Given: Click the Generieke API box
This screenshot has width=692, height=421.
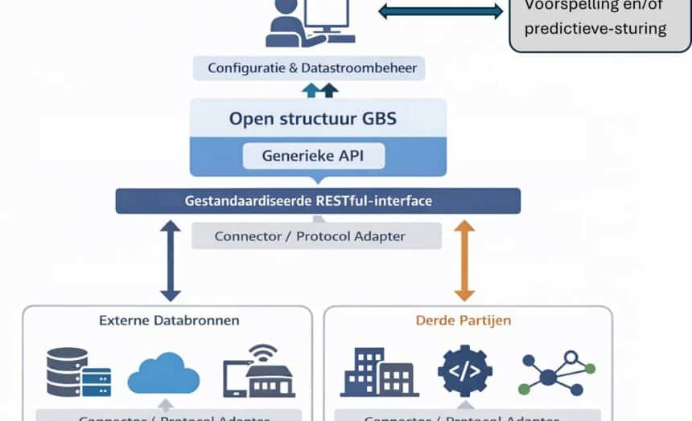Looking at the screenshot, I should [x=313, y=155].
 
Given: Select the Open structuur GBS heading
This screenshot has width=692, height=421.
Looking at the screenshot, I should [x=313, y=119].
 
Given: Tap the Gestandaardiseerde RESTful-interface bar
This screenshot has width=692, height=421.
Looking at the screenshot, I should [x=318, y=200].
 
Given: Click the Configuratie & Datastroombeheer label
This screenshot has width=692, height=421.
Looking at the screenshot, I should [x=312, y=67].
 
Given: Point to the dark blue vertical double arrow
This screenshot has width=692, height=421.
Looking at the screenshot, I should [x=170, y=261].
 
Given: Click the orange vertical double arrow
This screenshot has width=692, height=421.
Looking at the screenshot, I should [x=464, y=261].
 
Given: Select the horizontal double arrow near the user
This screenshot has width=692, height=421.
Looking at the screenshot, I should [x=440, y=11].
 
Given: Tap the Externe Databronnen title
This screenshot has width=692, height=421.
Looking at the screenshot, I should [x=169, y=320].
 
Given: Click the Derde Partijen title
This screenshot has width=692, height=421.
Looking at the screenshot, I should [x=463, y=320].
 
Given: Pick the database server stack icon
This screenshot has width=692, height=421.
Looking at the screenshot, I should [x=78, y=371].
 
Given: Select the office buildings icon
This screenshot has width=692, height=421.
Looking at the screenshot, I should [x=379, y=371].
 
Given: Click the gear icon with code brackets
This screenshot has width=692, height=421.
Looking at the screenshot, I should [x=464, y=370].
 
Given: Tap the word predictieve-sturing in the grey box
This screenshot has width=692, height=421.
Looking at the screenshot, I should [x=595, y=29].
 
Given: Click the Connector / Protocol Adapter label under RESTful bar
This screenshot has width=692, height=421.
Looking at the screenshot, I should [x=316, y=236].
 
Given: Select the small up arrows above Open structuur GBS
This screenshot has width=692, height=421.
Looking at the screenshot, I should [x=320, y=89].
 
